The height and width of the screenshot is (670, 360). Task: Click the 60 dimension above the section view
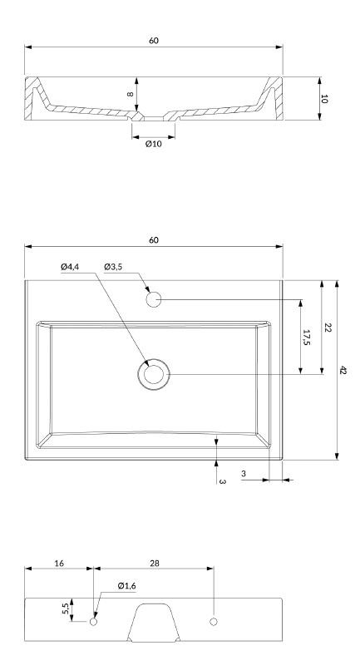(x=154, y=41)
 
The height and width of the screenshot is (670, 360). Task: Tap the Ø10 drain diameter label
(x=154, y=144)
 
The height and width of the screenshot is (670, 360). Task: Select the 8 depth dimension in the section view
(x=131, y=95)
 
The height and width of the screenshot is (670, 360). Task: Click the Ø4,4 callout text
(x=70, y=267)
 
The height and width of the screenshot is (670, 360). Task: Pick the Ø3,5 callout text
(x=113, y=267)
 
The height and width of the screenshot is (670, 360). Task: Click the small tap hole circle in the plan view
(x=153, y=299)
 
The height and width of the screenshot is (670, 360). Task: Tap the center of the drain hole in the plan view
(x=154, y=374)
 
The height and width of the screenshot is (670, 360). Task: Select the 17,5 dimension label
(x=306, y=337)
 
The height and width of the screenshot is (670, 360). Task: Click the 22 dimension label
(x=328, y=328)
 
